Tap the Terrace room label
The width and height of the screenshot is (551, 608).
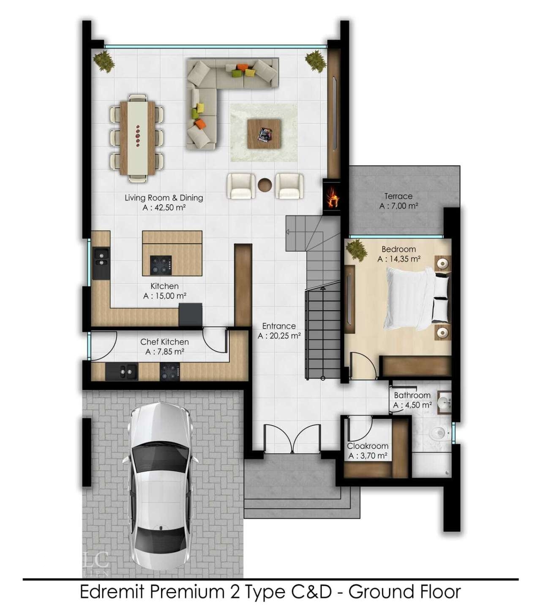tap(398, 196)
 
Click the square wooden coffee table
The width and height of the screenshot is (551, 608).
tap(264, 134)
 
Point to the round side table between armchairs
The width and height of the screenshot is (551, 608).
tap(265, 185)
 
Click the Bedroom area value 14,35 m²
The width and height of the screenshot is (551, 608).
tap(399, 259)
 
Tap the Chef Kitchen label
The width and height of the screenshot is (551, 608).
tap(164, 342)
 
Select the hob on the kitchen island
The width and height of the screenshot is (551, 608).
tap(161, 265)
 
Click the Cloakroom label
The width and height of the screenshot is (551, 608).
tap(368, 446)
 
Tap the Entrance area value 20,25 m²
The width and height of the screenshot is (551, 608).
tap(279, 336)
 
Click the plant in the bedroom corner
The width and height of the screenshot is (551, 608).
tap(357, 249)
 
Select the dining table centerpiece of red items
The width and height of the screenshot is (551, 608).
tap(138, 136)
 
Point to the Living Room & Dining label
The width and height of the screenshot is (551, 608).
tap(164, 198)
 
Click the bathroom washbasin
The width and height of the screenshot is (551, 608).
tap(445, 403)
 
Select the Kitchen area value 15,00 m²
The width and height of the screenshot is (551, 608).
tap(165, 296)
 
